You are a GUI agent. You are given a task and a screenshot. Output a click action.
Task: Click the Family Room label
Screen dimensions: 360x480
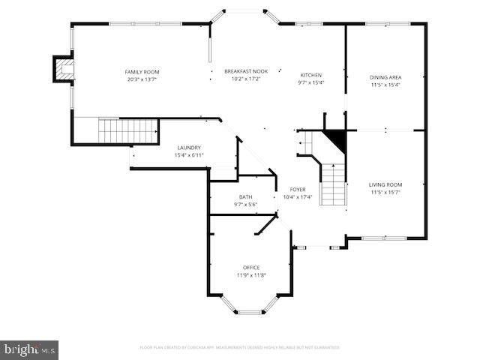coord(142,72)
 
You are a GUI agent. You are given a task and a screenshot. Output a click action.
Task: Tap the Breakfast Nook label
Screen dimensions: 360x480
coord(246,72)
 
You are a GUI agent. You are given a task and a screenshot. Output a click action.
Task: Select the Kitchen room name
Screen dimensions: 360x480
coord(311,75)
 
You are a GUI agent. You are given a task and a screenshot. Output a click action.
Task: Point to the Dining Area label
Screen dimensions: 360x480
coord(385,77)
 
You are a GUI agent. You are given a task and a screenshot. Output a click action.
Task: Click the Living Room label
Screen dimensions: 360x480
coord(385,184)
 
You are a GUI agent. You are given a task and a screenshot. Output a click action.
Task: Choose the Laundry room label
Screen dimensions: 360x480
coord(188,148)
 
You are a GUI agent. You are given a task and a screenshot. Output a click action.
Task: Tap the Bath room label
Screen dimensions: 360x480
coord(246,196)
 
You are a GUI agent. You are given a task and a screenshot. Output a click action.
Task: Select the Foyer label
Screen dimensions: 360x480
coord(298,190)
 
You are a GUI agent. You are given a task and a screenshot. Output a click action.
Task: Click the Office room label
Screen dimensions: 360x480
coord(251,268)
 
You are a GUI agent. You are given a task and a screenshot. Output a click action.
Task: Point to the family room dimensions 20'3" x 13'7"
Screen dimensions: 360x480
coord(142,79)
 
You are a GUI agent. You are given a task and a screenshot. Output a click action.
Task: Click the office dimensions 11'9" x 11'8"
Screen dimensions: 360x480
coord(251,275)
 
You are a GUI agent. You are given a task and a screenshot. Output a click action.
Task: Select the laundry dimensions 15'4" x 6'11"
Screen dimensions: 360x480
coord(188,155)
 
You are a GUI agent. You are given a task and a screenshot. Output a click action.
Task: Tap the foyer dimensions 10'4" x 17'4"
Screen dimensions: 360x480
coord(298,197)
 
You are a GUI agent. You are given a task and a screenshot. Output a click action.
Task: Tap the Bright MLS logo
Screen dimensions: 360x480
coord(29,349)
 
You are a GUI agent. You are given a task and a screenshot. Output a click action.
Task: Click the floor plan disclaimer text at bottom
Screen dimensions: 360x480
coord(240,348)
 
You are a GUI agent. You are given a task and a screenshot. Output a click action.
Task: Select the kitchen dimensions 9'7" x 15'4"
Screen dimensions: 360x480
coord(311,82)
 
